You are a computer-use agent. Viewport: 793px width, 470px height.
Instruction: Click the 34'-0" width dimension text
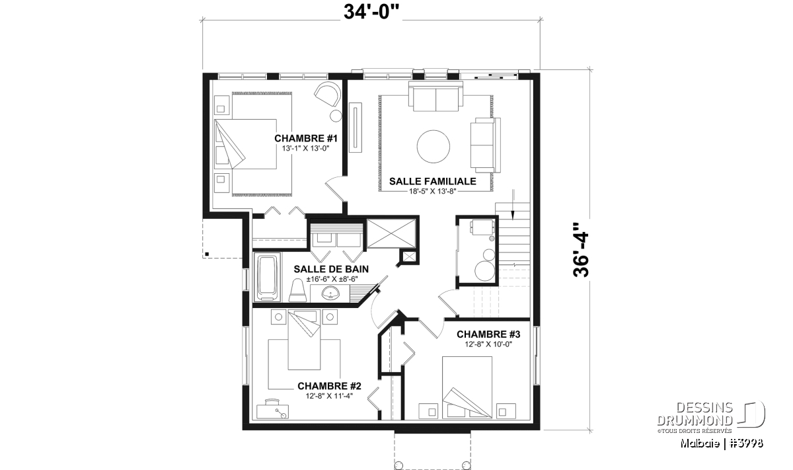tap(371, 12)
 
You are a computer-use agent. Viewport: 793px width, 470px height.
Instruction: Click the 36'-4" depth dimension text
tap(581, 250)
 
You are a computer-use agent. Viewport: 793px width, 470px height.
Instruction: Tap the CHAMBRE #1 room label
tap(306, 138)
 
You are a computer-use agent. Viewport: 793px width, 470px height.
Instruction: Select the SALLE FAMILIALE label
tap(433, 181)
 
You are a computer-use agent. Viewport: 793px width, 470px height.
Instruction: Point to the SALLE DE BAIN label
tap(331, 269)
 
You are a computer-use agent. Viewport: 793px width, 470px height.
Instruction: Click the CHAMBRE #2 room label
tap(329, 385)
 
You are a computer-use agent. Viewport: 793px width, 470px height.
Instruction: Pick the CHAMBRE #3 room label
tap(488, 334)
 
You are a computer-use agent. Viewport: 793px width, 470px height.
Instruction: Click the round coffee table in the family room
tap(434, 147)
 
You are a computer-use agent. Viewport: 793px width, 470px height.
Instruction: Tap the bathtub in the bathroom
tap(268, 277)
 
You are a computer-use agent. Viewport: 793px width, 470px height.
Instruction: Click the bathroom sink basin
tap(330, 294)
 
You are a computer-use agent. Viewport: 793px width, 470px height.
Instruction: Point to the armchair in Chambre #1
tap(328, 93)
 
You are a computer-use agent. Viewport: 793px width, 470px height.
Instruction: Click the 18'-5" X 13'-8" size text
tap(432, 191)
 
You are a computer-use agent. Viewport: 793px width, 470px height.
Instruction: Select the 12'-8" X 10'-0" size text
tap(488, 344)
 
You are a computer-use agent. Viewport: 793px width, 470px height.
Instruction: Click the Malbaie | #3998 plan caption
tap(722, 444)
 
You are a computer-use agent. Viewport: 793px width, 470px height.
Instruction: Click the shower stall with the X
tap(391, 233)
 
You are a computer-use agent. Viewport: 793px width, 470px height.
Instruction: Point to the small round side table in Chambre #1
tap(336, 116)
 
